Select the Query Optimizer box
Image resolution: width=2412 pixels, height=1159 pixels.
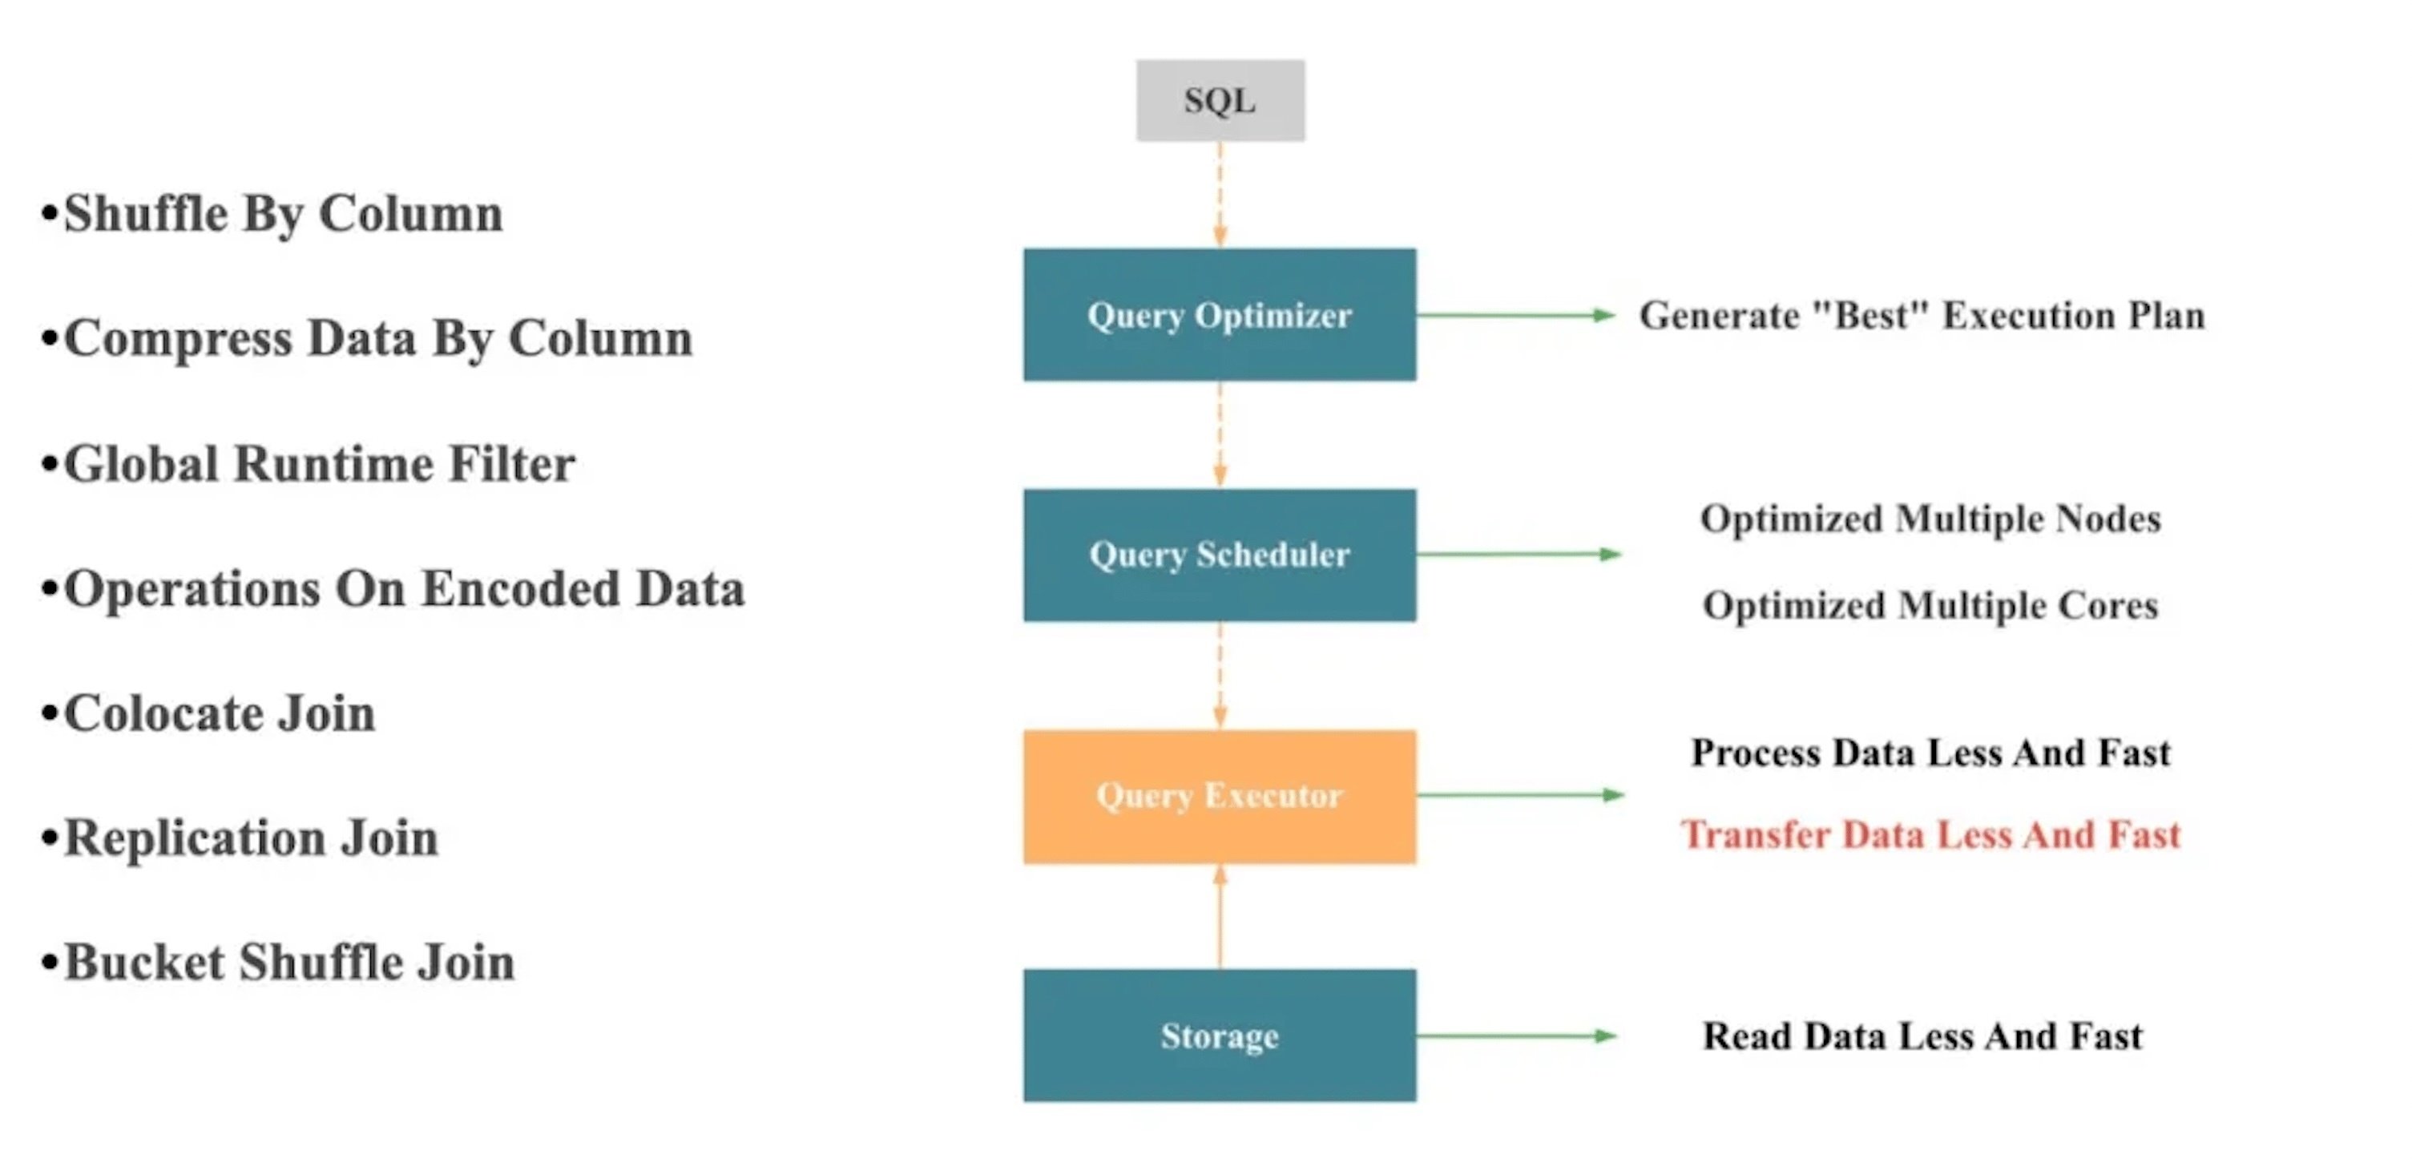click(1219, 314)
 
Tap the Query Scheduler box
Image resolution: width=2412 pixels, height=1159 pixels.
click(1219, 554)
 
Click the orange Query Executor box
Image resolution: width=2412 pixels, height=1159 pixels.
click(1219, 796)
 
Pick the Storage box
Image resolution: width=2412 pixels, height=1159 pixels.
click(1219, 1036)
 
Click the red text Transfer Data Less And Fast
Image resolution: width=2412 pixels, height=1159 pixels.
click(1930, 834)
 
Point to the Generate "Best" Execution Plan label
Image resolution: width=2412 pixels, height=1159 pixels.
click(1922, 316)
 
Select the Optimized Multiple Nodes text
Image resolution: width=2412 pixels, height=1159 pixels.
click(1930, 519)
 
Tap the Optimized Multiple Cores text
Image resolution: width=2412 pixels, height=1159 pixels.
click(1930, 606)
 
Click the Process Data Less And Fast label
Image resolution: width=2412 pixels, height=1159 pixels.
click(1930, 753)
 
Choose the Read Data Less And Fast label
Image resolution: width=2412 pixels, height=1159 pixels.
click(1922, 1036)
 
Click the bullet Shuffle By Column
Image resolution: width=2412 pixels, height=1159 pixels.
click(281, 214)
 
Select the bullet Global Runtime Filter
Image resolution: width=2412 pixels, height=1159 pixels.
click(318, 464)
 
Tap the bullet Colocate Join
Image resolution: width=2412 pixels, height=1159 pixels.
click(218, 714)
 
